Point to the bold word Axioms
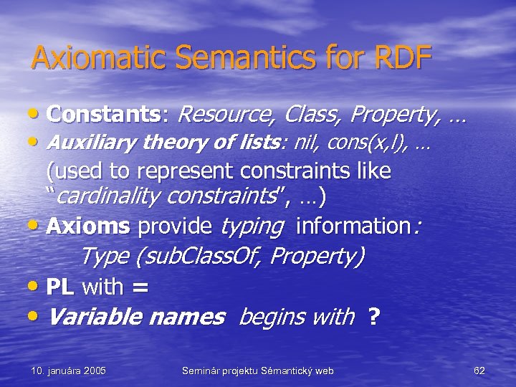pos(87,226)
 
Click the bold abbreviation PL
pos(61,287)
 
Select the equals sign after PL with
pos(140,287)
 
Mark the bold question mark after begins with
pos(373,316)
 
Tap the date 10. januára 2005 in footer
pos(69,371)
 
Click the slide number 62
pos(479,371)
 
